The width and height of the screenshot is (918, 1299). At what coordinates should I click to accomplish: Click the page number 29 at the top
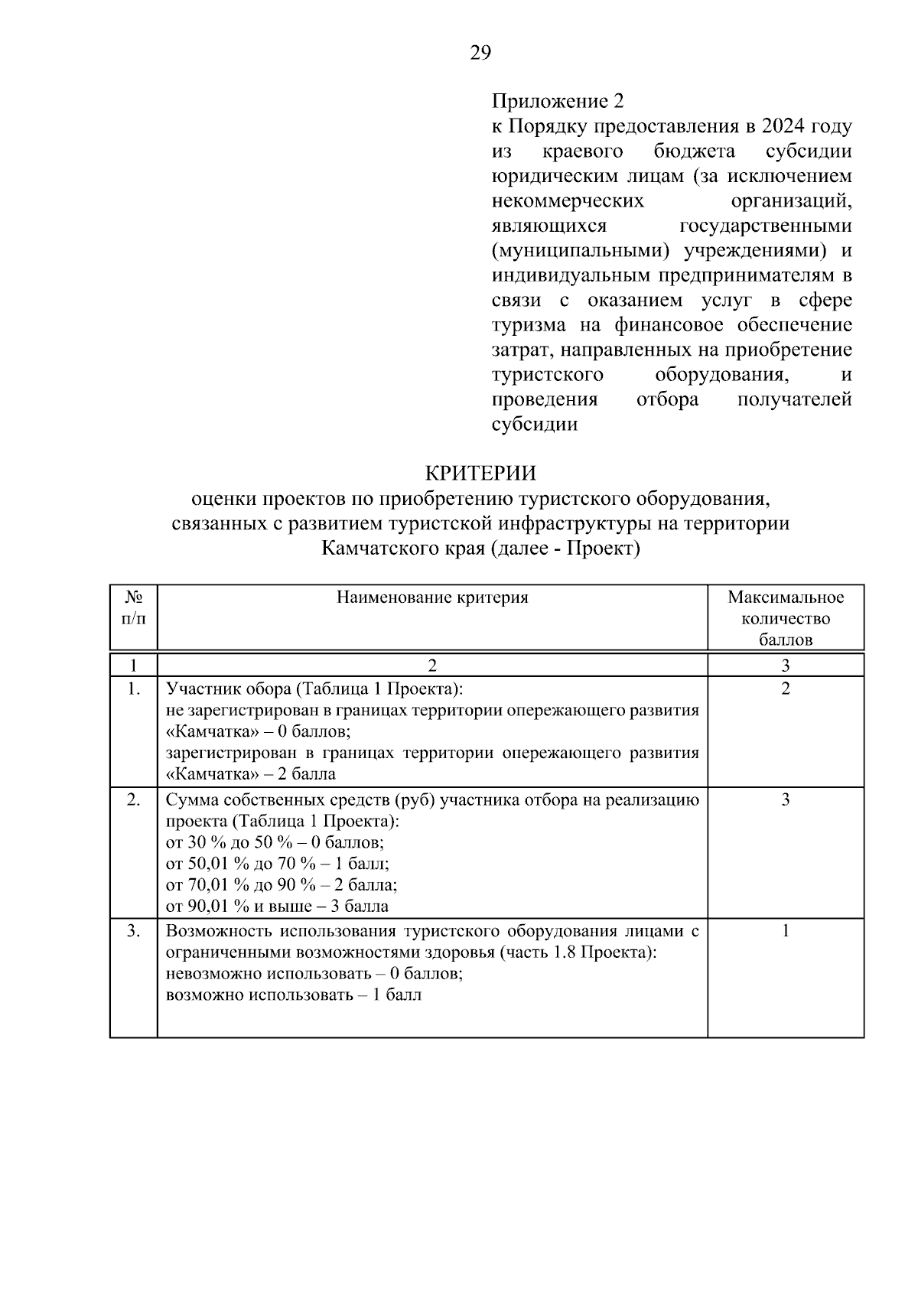(480, 53)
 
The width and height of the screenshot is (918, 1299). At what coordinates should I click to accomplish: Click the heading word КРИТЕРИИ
(480, 474)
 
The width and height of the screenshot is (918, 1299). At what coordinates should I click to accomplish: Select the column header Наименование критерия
(432, 597)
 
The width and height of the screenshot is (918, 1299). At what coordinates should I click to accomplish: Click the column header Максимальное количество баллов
(786, 618)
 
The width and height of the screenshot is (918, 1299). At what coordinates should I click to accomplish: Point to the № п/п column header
(134, 607)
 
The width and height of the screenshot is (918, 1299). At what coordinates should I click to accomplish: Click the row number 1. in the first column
(134, 689)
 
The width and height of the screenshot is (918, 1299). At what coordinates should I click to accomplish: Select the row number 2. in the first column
(134, 800)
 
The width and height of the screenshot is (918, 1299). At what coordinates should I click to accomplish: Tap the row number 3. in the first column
(134, 931)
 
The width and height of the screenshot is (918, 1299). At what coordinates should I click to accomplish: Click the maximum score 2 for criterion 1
(786, 689)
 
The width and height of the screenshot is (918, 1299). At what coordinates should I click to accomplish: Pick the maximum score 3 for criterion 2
(786, 800)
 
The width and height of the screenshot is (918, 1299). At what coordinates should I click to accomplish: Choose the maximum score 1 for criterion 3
(786, 931)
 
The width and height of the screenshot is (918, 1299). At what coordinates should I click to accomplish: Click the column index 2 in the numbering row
(432, 664)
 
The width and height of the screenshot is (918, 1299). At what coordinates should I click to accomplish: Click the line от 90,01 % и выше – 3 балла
(277, 907)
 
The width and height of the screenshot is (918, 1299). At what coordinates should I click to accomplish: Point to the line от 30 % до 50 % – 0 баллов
(275, 843)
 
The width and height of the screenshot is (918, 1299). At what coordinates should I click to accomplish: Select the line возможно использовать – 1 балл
(294, 995)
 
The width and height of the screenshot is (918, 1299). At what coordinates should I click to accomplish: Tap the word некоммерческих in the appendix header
(567, 201)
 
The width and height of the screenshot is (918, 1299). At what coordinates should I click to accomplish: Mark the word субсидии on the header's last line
(534, 424)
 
